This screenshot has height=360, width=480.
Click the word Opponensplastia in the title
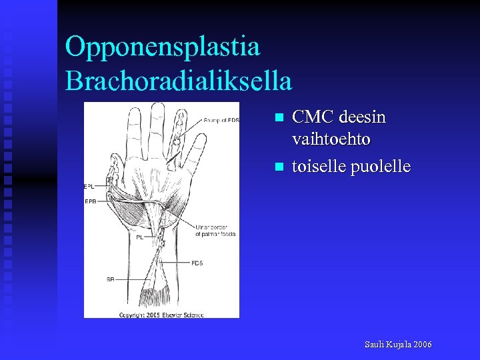pyautogui.click(x=163, y=47)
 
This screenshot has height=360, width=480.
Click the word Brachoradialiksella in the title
pyautogui.click(x=179, y=81)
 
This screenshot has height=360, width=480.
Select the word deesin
pyautogui.click(x=363, y=118)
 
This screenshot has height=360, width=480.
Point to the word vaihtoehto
pyautogui.click(x=331, y=140)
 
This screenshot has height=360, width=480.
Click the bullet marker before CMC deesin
pyautogui.click(x=279, y=118)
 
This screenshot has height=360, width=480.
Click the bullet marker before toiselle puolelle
pyautogui.click(x=279, y=166)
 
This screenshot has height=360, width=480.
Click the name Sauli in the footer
pyautogui.click(x=375, y=345)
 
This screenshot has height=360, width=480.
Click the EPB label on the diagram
pyautogui.click(x=90, y=200)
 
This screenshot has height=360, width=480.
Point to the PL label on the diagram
pyautogui.click(x=139, y=237)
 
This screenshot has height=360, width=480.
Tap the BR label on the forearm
pyautogui.click(x=109, y=279)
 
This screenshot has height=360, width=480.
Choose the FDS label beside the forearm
pyautogui.click(x=197, y=263)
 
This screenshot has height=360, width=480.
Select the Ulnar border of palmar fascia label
pyautogui.click(x=215, y=230)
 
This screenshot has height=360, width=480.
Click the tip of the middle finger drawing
pyautogui.click(x=157, y=107)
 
